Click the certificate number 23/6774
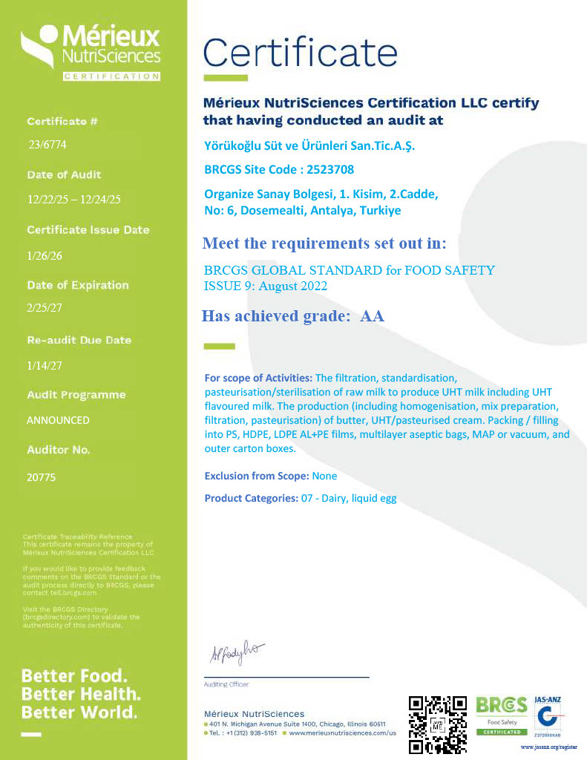[47, 145]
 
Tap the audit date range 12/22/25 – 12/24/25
[73, 200]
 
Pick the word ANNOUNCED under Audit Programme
[58, 420]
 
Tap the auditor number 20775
[42, 477]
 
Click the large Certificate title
[301, 53]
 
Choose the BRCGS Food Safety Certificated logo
[502, 715]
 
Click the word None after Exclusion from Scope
[324, 476]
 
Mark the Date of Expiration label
[78, 285]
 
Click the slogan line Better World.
[79, 712]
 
